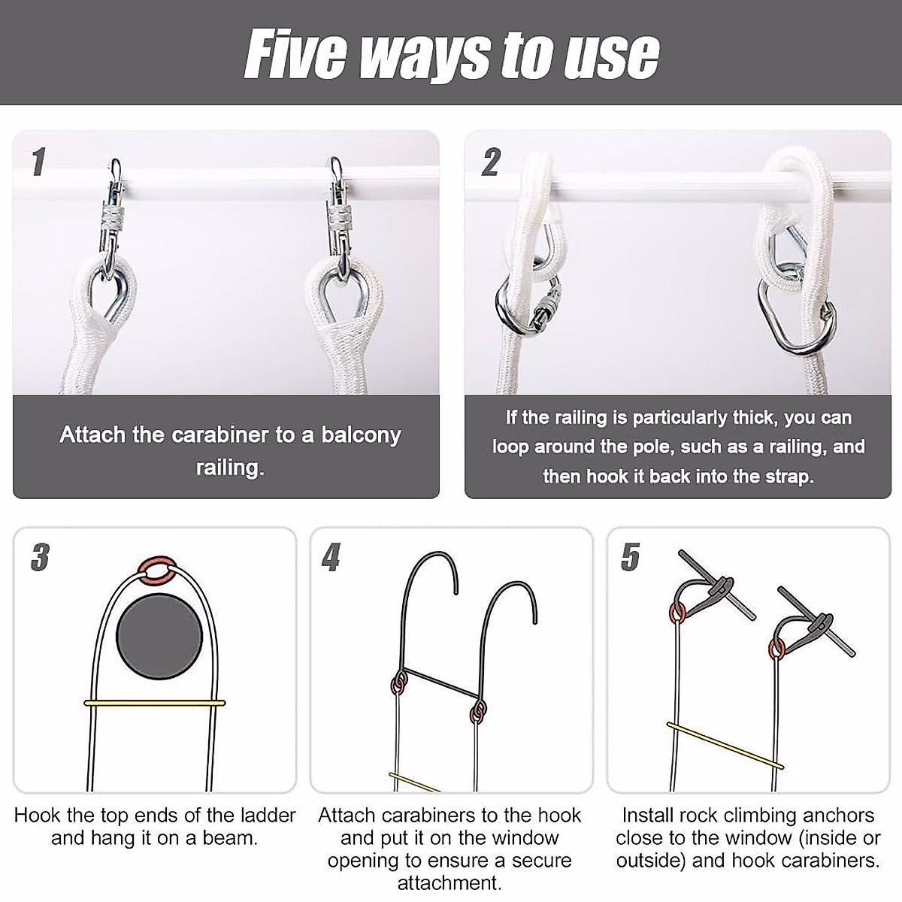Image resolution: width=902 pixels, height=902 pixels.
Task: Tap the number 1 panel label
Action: pyautogui.click(x=39, y=162)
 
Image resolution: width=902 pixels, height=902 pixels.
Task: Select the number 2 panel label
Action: pyautogui.click(x=491, y=162)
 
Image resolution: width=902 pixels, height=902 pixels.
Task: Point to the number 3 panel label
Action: pyautogui.click(x=41, y=558)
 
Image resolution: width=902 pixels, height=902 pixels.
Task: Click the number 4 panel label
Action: pyautogui.click(x=331, y=558)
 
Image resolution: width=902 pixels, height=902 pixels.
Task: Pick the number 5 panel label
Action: pyautogui.click(x=630, y=558)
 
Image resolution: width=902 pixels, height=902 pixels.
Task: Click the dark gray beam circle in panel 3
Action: pyautogui.click(x=159, y=637)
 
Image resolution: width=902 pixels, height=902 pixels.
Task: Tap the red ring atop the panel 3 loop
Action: pyautogui.click(x=158, y=559)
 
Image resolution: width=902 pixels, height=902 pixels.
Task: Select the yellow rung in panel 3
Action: pyautogui.click(x=155, y=703)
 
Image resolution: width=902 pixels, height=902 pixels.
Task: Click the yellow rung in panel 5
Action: pyautogui.click(x=725, y=746)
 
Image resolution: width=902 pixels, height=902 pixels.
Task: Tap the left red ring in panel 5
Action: pyautogui.click(x=678, y=613)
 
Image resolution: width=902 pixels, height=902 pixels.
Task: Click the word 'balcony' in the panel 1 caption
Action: pyautogui.click(x=361, y=435)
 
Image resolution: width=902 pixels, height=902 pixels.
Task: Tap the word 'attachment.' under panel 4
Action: pyautogui.click(x=449, y=882)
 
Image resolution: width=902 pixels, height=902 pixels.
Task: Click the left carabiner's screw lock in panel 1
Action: pyautogui.click(x=111, y=216)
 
